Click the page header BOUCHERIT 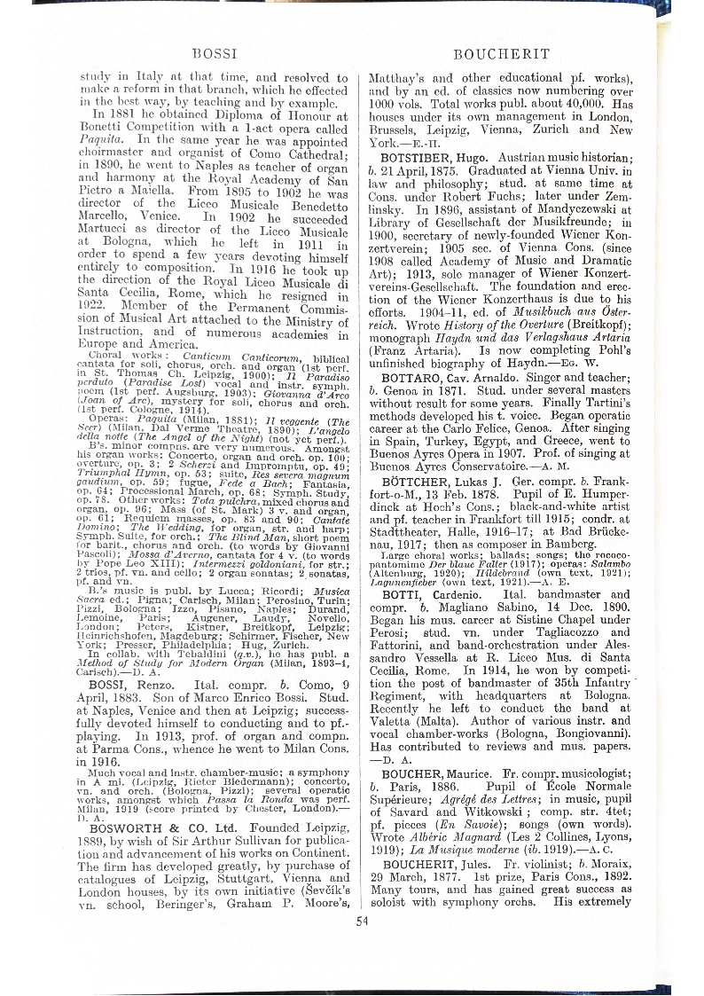point(502,53)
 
